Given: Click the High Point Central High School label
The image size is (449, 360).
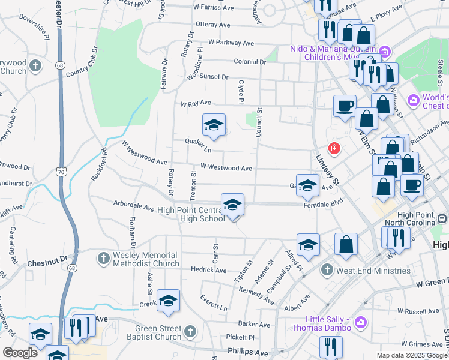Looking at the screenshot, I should [191, 214].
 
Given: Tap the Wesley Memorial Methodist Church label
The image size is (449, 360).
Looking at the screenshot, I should [146, 259].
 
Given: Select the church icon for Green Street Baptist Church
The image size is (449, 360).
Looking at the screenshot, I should [190, 331].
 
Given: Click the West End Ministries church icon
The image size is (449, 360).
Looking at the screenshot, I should [327, 270].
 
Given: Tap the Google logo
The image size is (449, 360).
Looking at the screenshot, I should [19, 353].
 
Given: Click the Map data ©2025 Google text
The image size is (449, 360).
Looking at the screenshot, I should [412, 355].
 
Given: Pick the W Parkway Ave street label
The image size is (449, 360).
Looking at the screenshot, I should [231, 43].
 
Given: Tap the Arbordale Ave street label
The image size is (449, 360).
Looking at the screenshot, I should [134, 206].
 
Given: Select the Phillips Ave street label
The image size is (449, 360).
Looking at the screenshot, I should [247, 352].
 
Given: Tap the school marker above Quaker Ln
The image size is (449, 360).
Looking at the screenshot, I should [214, 125].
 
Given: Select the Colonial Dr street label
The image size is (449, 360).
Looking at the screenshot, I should [250, 62].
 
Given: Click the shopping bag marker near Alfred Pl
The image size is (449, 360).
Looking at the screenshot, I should [346, 244].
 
